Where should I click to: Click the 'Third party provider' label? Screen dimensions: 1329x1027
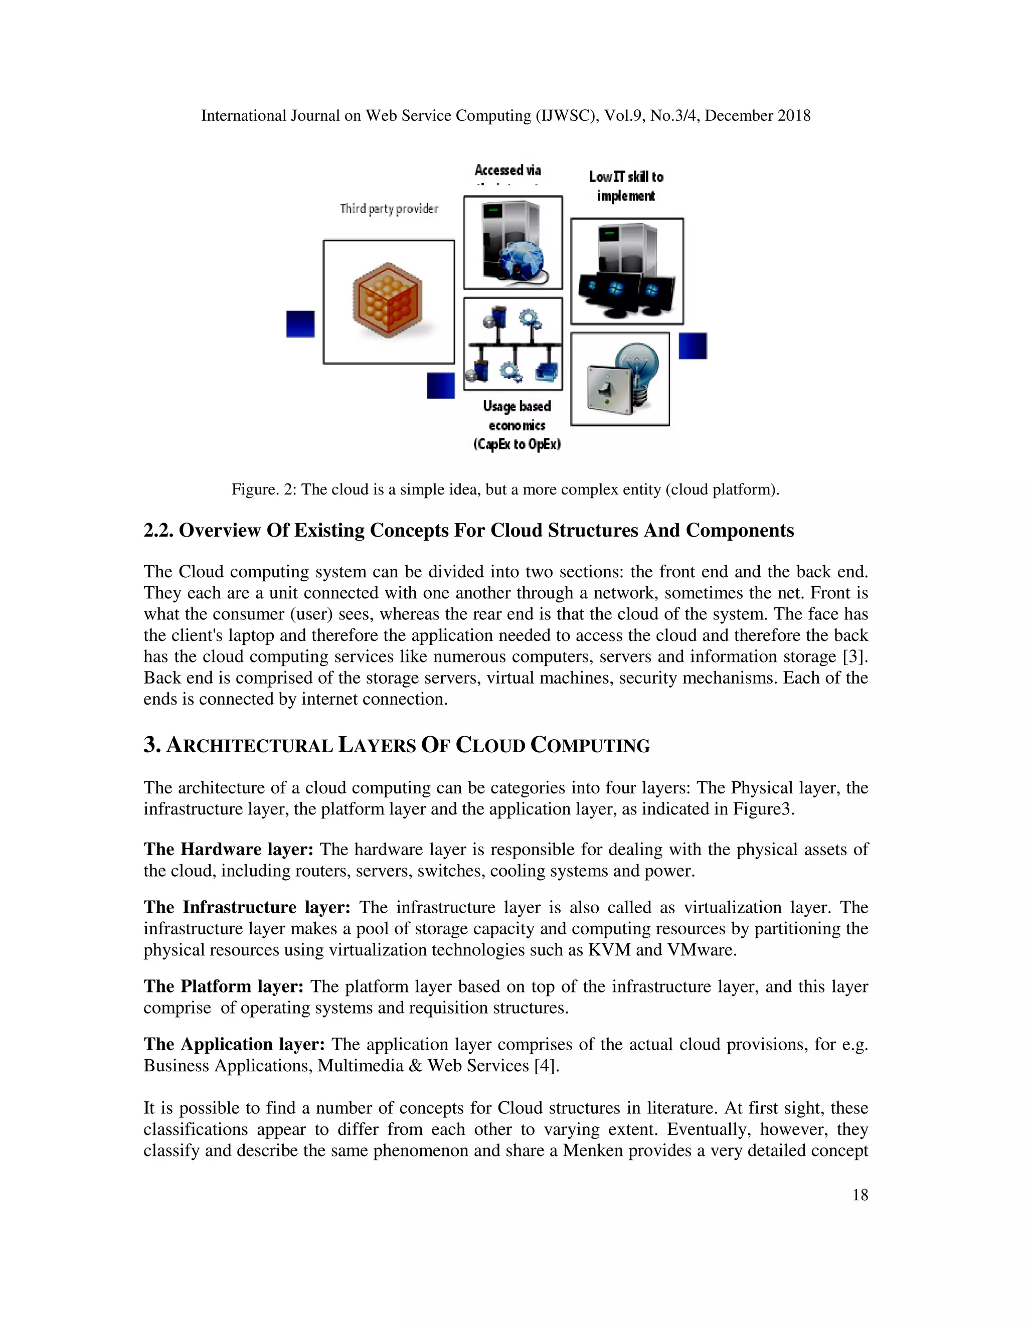pos(389,209)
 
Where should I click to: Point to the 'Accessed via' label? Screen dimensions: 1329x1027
pos(507,171)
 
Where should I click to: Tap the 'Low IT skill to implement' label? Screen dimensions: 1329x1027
pos(625,186)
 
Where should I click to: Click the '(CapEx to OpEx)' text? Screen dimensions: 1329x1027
pos(517,444)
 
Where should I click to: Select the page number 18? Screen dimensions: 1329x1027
pos(860,1195)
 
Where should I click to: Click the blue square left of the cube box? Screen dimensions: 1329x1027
pos(300,324)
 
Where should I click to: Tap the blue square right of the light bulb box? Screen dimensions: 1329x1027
pos(693,346)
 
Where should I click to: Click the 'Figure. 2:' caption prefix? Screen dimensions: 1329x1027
pos(263,489)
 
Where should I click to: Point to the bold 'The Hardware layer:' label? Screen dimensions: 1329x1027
pos(228,850)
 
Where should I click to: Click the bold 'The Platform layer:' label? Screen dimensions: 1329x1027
pos(223,986)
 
